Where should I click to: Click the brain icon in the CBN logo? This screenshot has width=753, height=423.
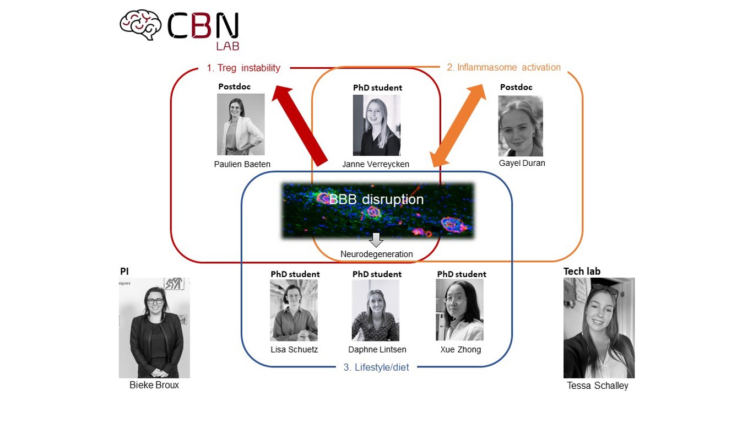(x=140, y=25)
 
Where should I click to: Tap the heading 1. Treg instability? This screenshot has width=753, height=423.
(x=243, y=68)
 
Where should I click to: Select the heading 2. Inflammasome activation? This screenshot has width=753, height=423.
(x=503, y=67)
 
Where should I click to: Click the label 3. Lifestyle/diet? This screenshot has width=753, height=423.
(x=376, y=367)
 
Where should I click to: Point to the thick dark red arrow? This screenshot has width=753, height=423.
(x=302, y=124)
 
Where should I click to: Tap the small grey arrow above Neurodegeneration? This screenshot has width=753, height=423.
(x=376, y=240)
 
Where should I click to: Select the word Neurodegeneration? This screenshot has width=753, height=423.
(x=376, y=254)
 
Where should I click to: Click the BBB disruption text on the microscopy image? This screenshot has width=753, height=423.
(x=376, y=199)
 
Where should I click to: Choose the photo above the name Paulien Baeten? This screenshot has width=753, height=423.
(x=241, y=124)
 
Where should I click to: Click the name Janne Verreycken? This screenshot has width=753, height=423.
(x=376, y=164)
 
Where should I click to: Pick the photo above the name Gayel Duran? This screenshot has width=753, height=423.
(x=521, y=126)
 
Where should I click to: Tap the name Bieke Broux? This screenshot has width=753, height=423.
(x=154, y=385)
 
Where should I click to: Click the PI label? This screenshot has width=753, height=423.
(x=124, y=271)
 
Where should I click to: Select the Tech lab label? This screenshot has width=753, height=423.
(x=582, y=271)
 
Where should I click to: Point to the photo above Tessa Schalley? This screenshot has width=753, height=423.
(x=599, y=328)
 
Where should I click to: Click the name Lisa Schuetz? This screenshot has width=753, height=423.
(x=294, y=350)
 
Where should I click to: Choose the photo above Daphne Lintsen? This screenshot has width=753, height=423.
(x=376, y=310)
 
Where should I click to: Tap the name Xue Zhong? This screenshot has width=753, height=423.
(x=461, y=350)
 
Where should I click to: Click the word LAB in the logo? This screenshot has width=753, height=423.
(x=227, y=46)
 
